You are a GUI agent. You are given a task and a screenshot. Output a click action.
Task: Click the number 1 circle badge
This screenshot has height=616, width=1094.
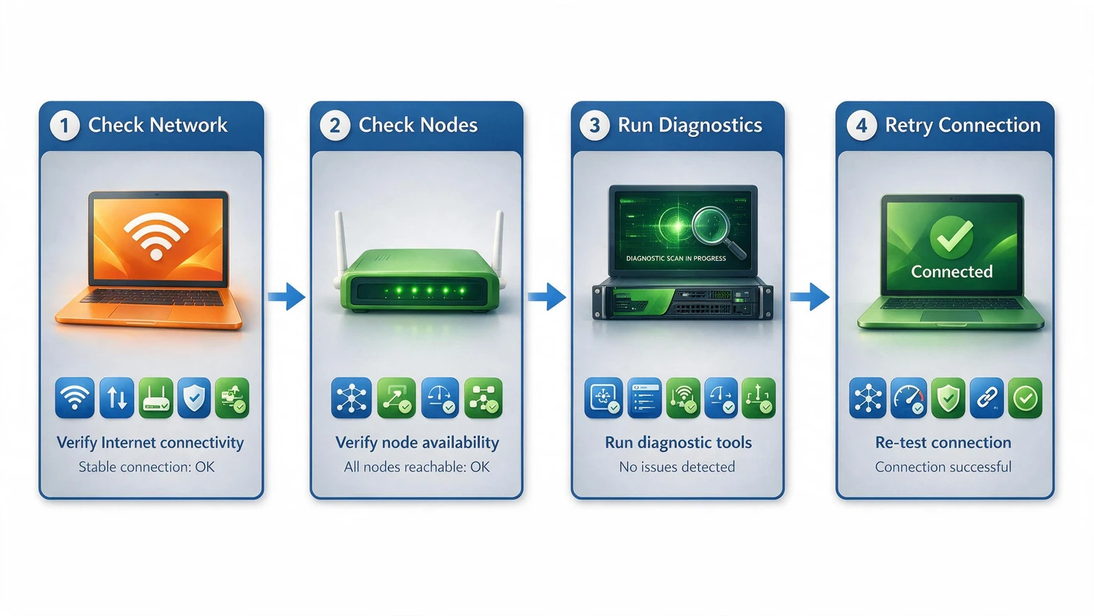coord(65,126)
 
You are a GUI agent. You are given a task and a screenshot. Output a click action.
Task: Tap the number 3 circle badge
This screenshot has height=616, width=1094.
coord(594,126)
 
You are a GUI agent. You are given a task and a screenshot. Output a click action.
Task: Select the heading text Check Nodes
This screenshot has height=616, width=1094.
coord(418,125)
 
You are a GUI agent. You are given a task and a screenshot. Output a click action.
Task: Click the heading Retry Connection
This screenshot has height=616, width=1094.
coord(962,126)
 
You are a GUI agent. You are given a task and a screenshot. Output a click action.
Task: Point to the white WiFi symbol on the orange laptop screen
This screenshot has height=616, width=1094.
coord(156,236)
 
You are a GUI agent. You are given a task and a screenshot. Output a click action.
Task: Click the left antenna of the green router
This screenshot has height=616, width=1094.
coord(341,246)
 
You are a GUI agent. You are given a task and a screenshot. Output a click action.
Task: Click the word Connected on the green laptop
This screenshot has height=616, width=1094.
coord(951,271)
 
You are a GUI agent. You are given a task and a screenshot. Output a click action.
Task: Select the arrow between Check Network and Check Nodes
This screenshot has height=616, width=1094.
coord(287,296)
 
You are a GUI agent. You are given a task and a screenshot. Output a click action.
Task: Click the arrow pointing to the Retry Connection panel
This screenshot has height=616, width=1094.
coord(810,296)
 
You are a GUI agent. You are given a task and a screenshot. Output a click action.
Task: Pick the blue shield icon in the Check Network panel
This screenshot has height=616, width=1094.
coord(194,398)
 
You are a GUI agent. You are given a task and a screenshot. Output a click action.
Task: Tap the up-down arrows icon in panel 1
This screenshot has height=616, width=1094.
coord(117,398)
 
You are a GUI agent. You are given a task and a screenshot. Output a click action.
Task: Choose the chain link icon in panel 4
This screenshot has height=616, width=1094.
coord(987,398)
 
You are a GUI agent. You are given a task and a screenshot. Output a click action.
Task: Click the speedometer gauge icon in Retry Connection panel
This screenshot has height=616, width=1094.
coord(908,398)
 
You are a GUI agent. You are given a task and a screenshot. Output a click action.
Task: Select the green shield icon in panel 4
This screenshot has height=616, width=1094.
coord(948,398)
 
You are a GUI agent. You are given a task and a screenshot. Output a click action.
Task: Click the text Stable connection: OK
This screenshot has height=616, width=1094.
coord(146,467)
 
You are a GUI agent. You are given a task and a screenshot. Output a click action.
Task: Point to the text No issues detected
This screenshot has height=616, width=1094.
coord(677,467)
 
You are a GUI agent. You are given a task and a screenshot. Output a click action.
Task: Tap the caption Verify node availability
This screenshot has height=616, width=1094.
coord(417,443)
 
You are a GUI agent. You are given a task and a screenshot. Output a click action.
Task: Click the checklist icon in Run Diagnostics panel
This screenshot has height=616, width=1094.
coord(645,398)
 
